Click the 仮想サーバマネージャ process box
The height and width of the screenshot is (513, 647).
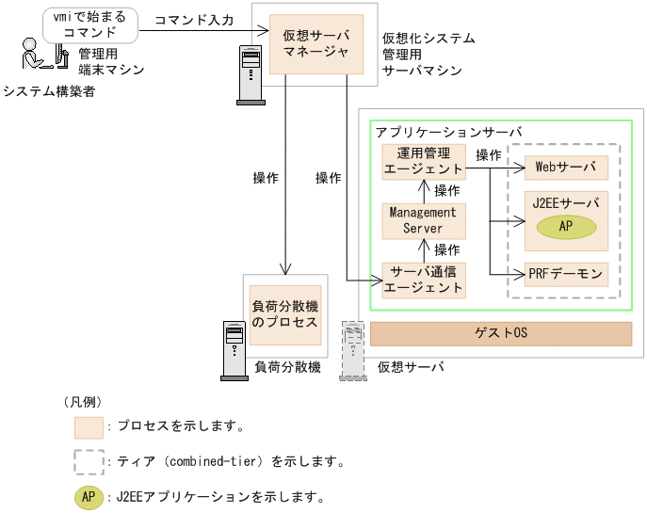(x=315, y=43)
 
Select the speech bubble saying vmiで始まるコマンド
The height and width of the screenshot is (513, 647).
(x=89, y=24)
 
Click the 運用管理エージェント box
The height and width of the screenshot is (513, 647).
(x=423, y=161)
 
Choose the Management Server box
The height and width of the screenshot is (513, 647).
(x=423, y=220)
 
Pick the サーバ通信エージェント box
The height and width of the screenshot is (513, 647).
(x=423, y=280)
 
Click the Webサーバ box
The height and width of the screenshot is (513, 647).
(x=566, y=168)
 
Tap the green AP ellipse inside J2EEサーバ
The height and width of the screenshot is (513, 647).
(x=566, y=226)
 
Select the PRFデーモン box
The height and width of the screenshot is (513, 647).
(x=566, y=274)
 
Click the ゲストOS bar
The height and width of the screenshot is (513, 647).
(x=500, y=333)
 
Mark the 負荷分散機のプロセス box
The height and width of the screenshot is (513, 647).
(x=283, y=314)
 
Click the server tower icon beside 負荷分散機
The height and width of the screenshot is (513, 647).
(x=233, y=350)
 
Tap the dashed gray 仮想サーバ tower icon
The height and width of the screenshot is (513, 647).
(x=353, y=350)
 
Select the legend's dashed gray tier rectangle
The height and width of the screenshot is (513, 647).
(x=89, y=461)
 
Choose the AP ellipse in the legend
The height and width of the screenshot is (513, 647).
(x=89, y=496)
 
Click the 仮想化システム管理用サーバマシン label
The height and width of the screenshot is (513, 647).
(x=429, y=55)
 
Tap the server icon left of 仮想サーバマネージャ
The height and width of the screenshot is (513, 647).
(x=251, y=73)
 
